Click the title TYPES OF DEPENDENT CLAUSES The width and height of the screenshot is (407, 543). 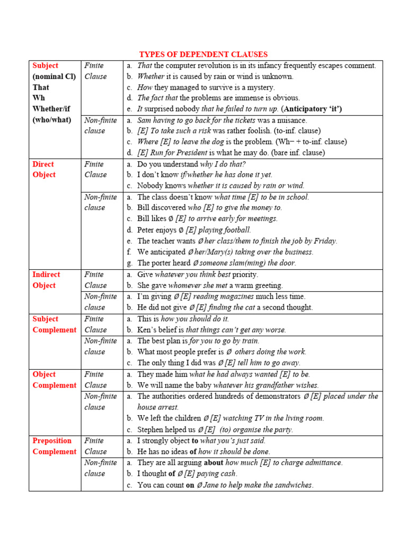point(203,55)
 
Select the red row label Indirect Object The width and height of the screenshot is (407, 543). point(46,280)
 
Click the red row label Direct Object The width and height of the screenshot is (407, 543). point(43,169)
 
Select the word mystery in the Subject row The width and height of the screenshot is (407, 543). point(260,87)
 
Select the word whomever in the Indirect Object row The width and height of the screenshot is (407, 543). point(187,285)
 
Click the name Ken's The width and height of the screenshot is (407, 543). point(147,330)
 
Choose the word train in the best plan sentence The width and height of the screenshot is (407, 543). point(249,341)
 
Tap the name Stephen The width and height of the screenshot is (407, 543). point(152,430)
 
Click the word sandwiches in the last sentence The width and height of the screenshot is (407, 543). point(293,485)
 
